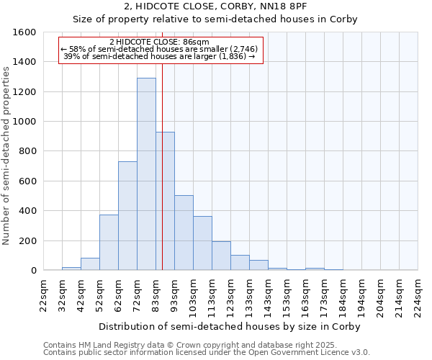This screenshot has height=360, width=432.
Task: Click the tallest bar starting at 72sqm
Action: click(x=146, y=174)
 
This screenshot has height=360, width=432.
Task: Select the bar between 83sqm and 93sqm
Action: click(x=165, y=201)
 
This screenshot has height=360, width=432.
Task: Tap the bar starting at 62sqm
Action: click(x=127, y=216)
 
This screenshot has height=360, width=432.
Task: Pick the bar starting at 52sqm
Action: click(x=109, y=243)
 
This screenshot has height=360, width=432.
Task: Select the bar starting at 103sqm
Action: click(x=202, y=243)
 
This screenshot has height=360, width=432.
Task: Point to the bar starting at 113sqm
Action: click(x=221, y=256)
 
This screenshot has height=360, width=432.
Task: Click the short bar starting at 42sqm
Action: click(x=90, y=264)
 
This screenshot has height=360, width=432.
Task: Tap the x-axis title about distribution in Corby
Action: click(x=229, y=326)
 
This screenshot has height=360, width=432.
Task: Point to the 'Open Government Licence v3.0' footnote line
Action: click(x=207, y=352)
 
